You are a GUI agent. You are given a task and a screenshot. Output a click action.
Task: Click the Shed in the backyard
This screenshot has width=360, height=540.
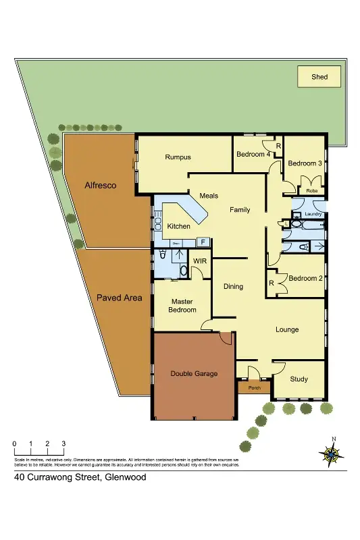[319, 77]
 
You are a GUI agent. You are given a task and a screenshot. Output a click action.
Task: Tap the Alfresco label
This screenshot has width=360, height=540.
[101, 185]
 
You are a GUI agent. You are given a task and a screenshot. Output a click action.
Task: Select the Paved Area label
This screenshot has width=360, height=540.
[120, 297]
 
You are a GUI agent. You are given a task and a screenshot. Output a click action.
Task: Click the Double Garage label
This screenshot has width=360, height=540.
[194, 373]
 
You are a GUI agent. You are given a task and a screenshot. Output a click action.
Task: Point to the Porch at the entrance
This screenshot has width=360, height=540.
[255, 387]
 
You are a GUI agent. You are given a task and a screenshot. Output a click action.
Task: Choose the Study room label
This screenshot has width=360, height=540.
[299, 379]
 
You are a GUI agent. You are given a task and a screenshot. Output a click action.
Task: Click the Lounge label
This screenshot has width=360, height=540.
[287, 329]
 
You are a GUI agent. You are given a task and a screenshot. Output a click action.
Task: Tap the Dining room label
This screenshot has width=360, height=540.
[233, 286]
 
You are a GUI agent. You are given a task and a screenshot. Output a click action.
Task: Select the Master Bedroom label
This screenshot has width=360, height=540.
[183, 305]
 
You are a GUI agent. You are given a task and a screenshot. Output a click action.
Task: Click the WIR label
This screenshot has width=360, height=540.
[200, 261]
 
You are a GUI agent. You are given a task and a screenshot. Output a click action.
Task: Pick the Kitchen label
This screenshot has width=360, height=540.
[179, 226]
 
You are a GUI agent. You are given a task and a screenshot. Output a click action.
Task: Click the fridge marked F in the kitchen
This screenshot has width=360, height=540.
[202, 242]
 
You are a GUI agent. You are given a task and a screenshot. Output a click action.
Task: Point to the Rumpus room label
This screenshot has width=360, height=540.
[178, 157]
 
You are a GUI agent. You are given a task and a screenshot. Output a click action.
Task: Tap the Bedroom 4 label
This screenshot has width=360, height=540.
[253, 154]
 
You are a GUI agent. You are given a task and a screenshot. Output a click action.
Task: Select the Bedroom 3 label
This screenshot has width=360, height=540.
[305, 163]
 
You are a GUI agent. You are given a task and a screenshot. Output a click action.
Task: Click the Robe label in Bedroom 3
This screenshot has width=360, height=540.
[311, 191]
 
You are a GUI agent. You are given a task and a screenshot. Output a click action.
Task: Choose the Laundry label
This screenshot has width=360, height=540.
[313, 214]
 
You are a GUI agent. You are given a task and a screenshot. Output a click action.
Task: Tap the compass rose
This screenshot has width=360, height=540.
[331, 454]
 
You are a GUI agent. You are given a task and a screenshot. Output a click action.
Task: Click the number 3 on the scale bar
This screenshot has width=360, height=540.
[63, 443]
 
